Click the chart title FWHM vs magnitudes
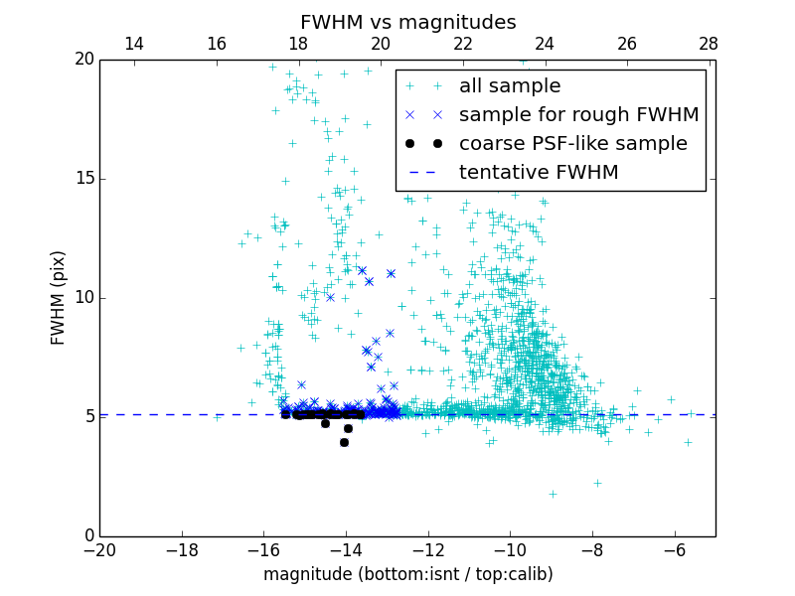pyautogui.click(x=407, y=22)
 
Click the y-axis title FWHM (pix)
pyautogui.click(x=59, y=298)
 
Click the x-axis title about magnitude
pyautogui.click(x=407, y=574)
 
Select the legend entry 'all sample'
pyautogui.click(x=510, y=86)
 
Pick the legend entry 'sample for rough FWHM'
pyautogui.click(x=578, y=115)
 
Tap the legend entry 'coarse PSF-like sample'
pyautogui.click(x=572, y=144)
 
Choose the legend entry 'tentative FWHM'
pyautogui.click(x=539, y=173)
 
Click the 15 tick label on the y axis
pyautogui.click(x=81, y=179)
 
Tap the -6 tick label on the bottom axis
pyautogui.click(x=675, y=549)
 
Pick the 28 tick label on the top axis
pyautogui.click(x=709, y=44)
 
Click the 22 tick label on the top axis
pyautogui.click(x=462, y=44)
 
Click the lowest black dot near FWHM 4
pyautogui.click(x=344, y=442)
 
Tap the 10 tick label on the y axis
pyautogui.click(x=81, y=298)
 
